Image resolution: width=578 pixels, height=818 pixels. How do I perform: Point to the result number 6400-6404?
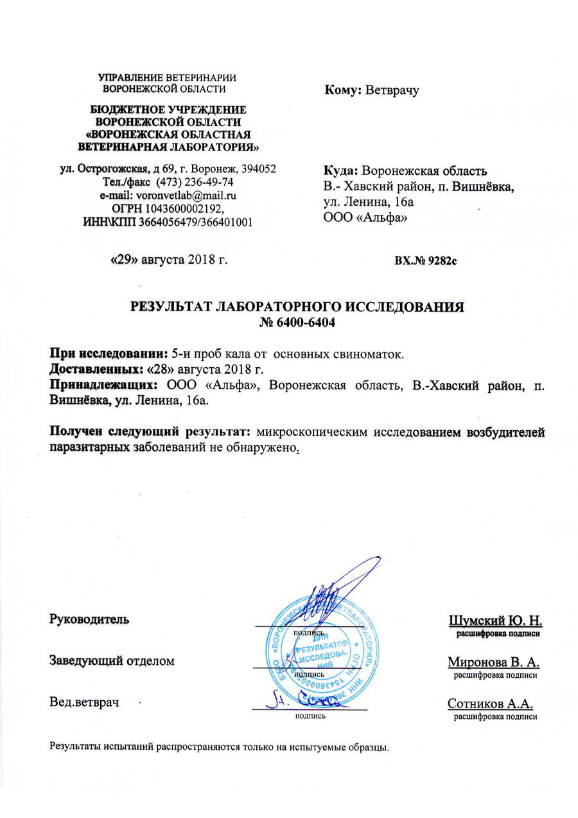pyautogui.click(x=297, y=320)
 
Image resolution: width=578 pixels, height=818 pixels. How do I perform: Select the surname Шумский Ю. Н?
pyautogui.click(x=496, y=621)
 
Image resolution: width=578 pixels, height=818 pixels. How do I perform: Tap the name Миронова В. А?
pyautogui.click(x=495, y=662)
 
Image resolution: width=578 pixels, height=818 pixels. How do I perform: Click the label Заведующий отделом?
pyautogui.click(x=112, y=660)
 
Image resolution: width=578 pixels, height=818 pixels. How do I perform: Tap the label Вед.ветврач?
pyautogui.click(x=85, y=702)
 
